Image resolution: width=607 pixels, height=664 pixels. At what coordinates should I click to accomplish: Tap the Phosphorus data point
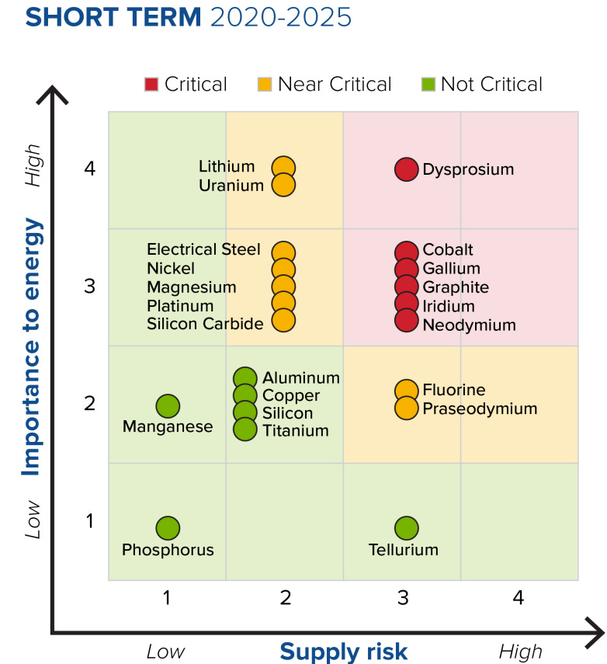168,529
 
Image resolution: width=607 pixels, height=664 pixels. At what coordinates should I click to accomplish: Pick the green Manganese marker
168,405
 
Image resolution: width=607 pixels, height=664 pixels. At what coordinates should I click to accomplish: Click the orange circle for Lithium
284,167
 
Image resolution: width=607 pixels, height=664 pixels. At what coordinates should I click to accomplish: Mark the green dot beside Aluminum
245,378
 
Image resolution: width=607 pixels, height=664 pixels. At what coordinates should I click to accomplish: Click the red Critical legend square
151,84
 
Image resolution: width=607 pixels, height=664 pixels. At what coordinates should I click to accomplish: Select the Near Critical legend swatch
265,84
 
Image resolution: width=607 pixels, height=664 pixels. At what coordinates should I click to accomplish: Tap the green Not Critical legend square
428,84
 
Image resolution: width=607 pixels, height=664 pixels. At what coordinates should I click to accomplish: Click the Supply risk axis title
343,651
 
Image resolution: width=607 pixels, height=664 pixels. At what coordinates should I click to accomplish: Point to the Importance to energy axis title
31,346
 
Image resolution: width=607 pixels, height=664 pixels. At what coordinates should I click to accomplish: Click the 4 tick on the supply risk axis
519,597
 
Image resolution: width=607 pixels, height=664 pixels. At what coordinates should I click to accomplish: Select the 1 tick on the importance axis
90,520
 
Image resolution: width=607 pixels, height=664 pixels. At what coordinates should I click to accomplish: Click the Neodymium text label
469,325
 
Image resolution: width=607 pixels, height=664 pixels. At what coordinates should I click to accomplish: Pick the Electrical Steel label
203,249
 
